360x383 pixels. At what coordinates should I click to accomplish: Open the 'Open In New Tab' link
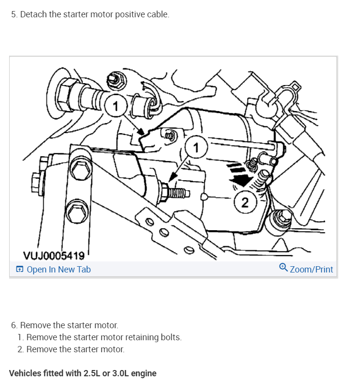[x=59, y=270]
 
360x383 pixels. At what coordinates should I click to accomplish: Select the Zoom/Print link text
[x=311, y=270]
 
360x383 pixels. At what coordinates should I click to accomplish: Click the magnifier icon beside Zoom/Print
[x=284, y=269]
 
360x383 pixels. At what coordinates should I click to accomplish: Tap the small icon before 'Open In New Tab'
[x=19, y=270]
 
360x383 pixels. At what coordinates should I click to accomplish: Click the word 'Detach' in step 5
[x=33, y=14]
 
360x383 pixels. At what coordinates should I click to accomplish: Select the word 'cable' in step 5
[x=158, y=14]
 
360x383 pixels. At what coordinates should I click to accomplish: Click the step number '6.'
[x=14, y=325]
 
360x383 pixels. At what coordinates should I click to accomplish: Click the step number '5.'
[x=14, y=14]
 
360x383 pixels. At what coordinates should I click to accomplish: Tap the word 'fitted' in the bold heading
[x=53, y=373]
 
